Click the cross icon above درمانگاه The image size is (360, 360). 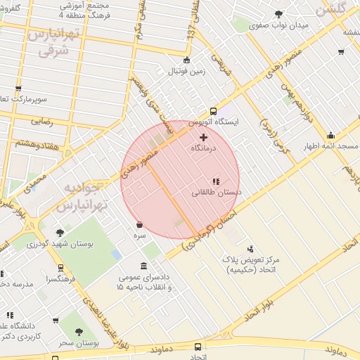click(x=204, y=137)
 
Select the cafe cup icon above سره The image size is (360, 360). click(x=139, y=225)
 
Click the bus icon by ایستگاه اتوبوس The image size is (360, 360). click(x=213, y=111)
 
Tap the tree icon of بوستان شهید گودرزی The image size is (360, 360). click(x=60, y=233)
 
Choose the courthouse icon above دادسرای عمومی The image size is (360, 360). click(x=144, y=266)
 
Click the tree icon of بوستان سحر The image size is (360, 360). click(x=77, y=331)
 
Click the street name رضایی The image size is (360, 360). click(x=41, y=120)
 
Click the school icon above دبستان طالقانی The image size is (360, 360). click(x=216, y=181)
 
